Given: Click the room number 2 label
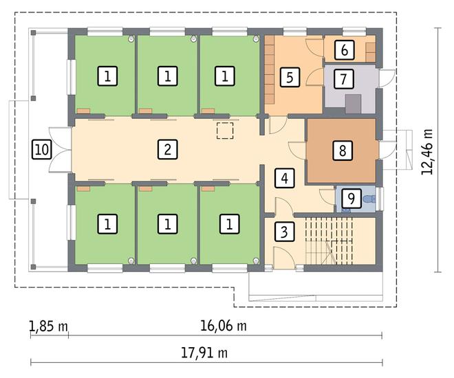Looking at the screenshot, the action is (x=168, y=150).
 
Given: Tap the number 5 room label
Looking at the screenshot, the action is (x=290, y=77).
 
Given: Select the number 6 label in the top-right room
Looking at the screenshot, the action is (x=344, y=50).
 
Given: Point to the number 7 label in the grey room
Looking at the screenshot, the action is (x=344, y=78).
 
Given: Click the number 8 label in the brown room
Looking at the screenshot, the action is (x=343, y=151).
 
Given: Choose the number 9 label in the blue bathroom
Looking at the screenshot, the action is (x=352, y=199).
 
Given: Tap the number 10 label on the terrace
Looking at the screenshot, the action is (x=42, y=150).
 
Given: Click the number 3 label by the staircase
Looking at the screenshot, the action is (x=284, y=232).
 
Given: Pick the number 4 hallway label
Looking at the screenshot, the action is (x=285, y=178).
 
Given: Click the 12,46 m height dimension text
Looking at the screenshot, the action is (x=427, y=152).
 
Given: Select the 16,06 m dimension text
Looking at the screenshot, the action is (x=224, y=326).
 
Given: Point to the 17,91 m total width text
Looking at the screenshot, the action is (x=204, y=353).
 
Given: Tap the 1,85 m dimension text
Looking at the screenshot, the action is (x=49, y=326).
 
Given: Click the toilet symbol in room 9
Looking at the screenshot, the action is (x=369, y=199).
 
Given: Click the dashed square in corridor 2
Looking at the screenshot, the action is (x=225, y=131).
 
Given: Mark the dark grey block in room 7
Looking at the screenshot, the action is (x=354, y=104).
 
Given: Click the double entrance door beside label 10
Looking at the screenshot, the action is (x=61, y=150).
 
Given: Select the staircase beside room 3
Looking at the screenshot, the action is (x=329, y=241).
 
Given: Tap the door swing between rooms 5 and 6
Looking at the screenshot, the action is (x=315, y=47).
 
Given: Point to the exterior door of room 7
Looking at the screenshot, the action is (x=387, y=78).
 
